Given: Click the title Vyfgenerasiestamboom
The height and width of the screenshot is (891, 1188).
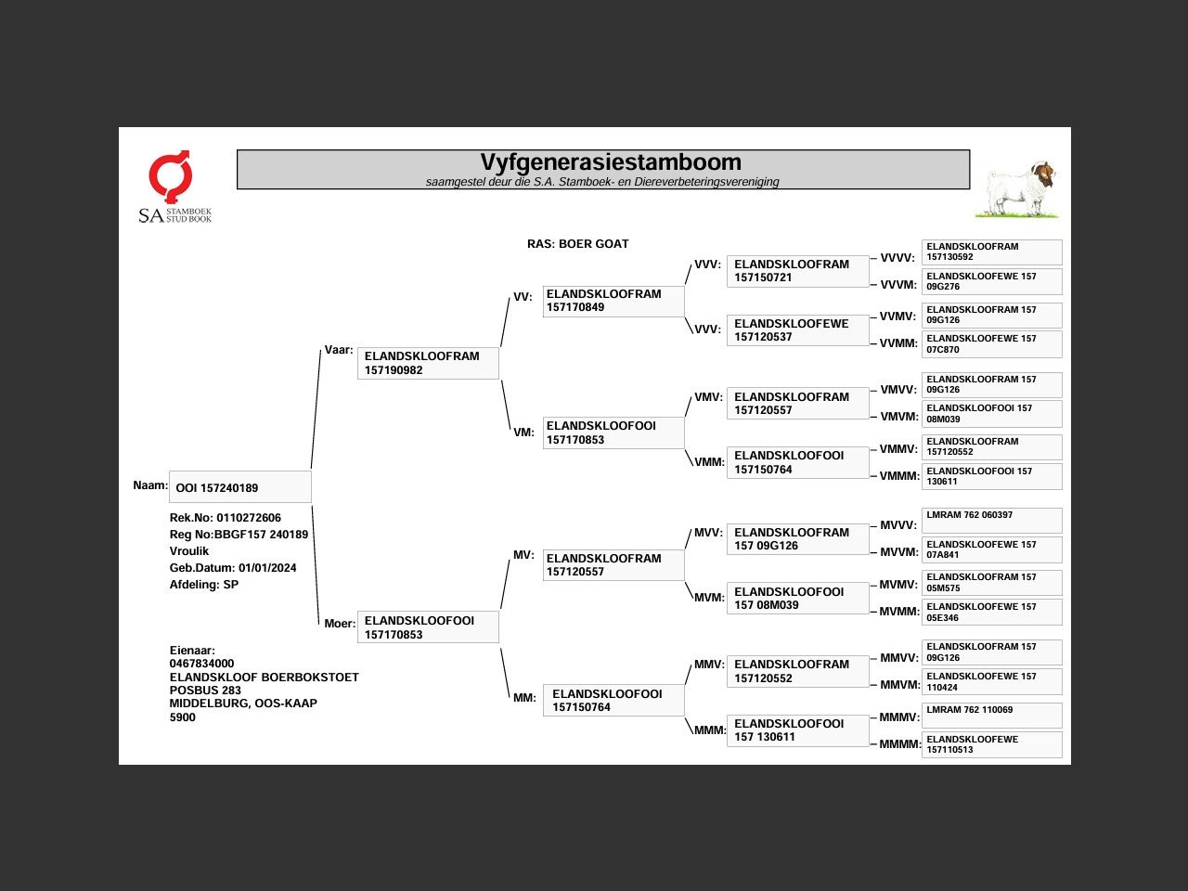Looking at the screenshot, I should click(610, 163).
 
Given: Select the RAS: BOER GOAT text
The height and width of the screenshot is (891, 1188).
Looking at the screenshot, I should click(577, 244).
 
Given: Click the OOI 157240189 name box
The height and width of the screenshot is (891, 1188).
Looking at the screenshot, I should click(239, 487).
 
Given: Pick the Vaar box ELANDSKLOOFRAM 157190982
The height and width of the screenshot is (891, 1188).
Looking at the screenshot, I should click(428, 363).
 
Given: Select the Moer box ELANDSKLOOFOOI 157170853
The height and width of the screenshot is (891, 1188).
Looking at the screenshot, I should click(428, 627).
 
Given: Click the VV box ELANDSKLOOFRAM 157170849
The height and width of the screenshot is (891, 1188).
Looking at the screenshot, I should click(613, 301).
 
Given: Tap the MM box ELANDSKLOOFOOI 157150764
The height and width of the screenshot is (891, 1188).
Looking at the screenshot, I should click(613, 701).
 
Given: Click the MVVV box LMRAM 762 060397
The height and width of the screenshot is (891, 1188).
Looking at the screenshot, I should click(991, 519).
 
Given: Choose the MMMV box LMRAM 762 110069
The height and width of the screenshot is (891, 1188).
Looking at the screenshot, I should click(991, 715).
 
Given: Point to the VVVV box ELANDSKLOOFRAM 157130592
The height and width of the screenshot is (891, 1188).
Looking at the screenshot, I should click(991, 252).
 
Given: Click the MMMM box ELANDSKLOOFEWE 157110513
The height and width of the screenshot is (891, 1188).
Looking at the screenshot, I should click(991, 744).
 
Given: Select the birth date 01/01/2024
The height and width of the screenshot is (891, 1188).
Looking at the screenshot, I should click(267, 568).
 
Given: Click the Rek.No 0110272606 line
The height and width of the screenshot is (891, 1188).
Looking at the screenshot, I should click(225, 518).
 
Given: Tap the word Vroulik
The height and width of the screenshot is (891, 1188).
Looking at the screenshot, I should click(189, 551).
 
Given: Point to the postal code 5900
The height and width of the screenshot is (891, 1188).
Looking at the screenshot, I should click(183, 717).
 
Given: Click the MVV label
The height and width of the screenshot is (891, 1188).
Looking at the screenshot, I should click(708, 533).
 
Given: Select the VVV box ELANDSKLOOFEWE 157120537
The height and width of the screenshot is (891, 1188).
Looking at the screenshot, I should click(797, 330).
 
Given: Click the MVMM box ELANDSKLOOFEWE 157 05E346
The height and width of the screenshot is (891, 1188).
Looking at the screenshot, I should click(991, 612).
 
